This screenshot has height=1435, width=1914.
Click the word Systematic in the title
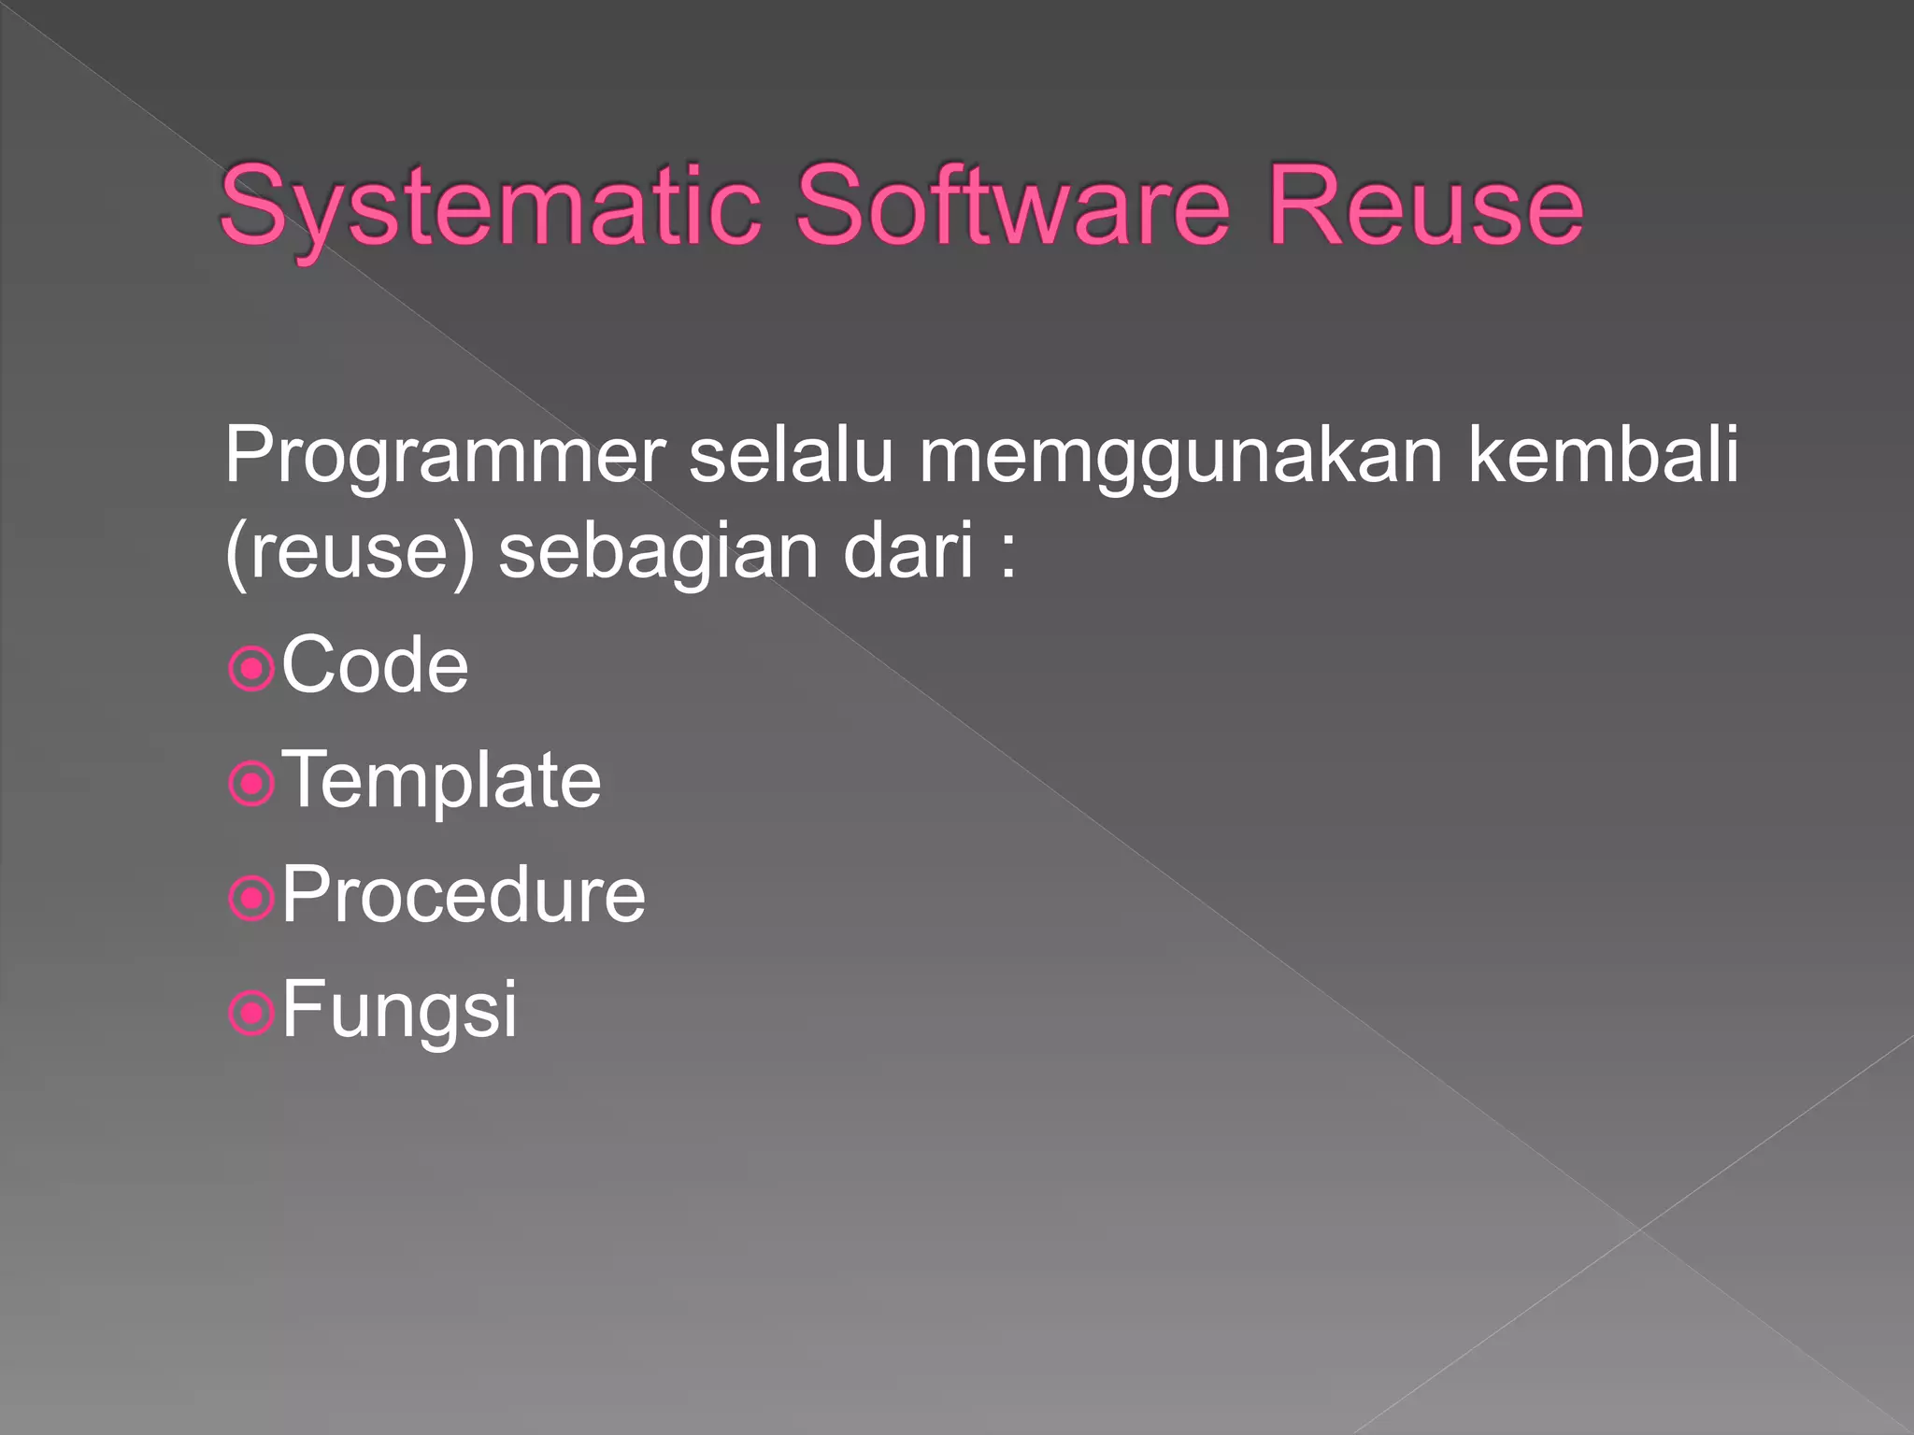(x=490, y=207)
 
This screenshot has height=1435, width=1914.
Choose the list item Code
(x=375, y=665)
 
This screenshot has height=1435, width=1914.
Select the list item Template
(x=441, y=781)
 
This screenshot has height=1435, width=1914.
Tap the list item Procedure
(x=464, y=895)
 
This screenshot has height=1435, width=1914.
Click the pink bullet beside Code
(x=250, y=669)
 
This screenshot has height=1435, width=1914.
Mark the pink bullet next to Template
(x=250, y=784)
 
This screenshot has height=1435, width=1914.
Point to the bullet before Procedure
(x=250, y=899)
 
